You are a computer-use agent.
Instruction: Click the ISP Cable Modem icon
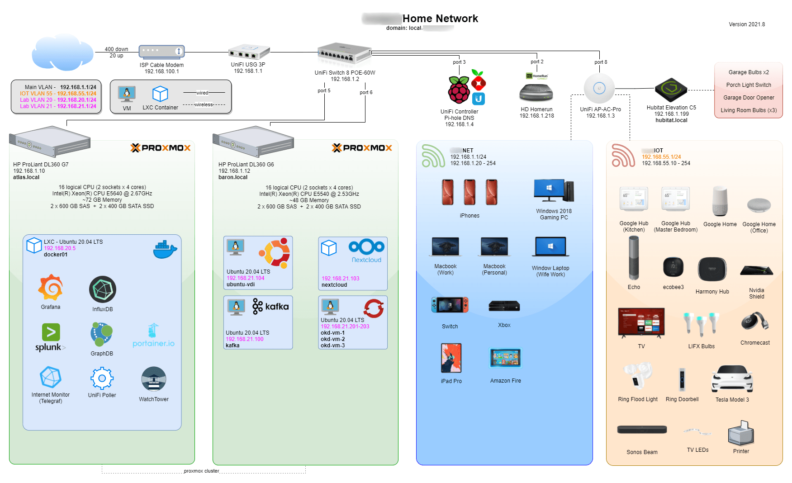[161, 52]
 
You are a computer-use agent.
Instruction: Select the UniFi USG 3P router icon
[249, 52]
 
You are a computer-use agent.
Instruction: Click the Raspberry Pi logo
[459, 90]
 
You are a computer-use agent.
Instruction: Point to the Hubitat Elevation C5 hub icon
[671, 89]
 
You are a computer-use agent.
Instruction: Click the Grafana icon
[51, 287]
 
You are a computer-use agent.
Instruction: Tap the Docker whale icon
[165, 249]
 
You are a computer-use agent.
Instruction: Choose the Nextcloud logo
[366, 251]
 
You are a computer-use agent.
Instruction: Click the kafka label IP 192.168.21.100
[244, 339]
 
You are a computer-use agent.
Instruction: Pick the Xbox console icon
[504, 306]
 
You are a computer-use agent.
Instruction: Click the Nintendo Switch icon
[450, 305]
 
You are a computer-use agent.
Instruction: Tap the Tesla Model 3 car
[732, 379]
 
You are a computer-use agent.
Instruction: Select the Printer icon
[741, 433]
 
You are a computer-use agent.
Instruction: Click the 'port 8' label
[601, 62]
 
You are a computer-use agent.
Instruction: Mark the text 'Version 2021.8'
[747, 24]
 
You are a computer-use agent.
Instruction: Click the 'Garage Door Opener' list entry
[749, 98]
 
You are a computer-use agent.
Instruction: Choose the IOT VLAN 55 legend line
[58, 94]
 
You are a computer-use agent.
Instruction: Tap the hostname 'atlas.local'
[26, 177]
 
